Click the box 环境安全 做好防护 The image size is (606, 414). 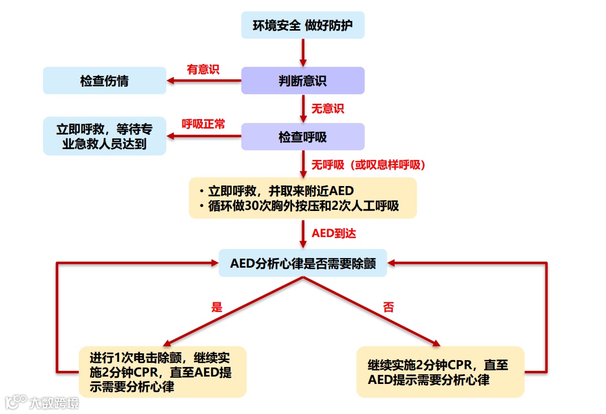pos(303,26)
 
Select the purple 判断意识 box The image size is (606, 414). pos(303,81)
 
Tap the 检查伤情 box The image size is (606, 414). pos(105,81)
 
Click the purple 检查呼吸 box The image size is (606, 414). pos(303,137)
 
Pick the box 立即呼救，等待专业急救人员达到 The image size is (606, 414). pos(105,136)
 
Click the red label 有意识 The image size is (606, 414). pos(203,69)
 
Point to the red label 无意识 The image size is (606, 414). pos(328,108)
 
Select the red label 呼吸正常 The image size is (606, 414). pos(203,124)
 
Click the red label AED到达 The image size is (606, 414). pos(334,233)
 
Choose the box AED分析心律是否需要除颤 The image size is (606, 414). pos(303,263)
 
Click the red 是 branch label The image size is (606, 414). pos(217,308)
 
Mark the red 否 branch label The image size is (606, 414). pos(388,308)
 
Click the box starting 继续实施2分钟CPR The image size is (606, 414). pos(440,372)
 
